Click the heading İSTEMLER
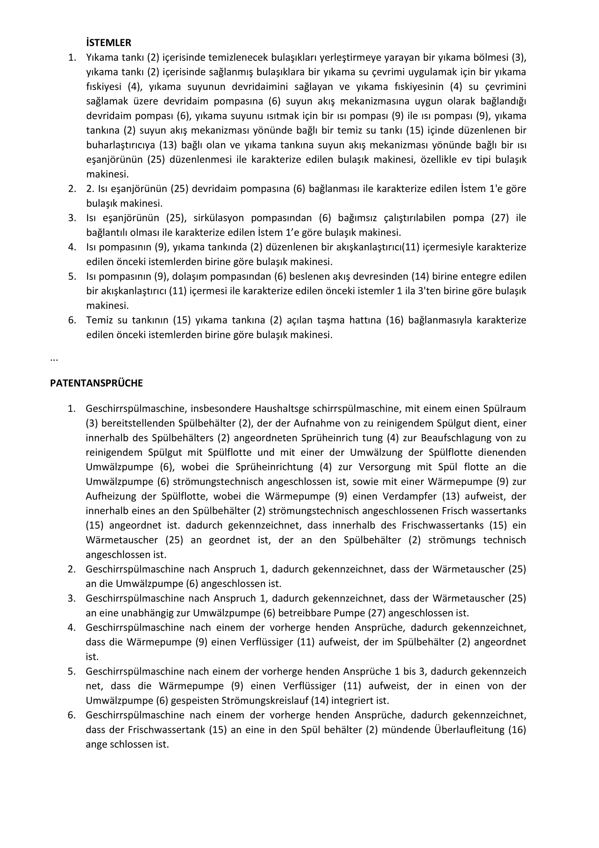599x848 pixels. tap(108, 43)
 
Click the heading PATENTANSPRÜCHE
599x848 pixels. tap(96, 383)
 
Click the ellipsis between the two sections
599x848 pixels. tap(54, 359)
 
